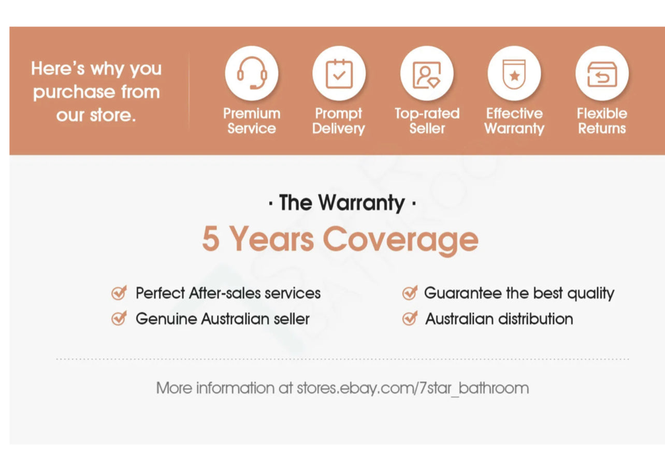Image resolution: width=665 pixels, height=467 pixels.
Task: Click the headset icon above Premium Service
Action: (x=252, y=73)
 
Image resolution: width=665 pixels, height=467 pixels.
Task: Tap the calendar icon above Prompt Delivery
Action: (x=339, y=74)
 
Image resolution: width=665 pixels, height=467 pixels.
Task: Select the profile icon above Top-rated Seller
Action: (x=427, y=75)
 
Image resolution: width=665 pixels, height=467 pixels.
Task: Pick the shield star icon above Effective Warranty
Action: (x=514, y=74)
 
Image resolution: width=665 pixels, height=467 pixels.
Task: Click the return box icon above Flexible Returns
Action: (x=602, y=74)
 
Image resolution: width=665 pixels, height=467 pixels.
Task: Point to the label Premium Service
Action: (x=252, y=121)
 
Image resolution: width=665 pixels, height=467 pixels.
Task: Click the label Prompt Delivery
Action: (x=338, y=121)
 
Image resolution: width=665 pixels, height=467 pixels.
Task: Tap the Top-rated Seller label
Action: (x=427, y=121)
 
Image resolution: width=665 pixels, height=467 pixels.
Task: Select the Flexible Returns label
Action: (x=602, y=121)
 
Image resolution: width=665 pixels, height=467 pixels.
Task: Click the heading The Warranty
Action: (x=342, y=202)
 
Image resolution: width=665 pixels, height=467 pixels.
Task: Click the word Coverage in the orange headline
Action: (x=400, y=240)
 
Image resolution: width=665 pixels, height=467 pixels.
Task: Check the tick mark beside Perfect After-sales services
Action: (x=119, y=293)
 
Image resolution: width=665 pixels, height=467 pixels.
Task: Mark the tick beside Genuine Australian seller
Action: (x=119, y=318)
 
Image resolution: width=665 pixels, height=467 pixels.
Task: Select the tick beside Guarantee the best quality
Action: (x=410, y=293)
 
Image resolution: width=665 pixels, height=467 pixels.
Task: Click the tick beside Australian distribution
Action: (x=410, y=318)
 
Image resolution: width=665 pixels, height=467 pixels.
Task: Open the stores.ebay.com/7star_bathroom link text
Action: (x=413, y=388)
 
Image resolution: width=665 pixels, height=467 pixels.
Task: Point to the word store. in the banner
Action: (x=113, y=115)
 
